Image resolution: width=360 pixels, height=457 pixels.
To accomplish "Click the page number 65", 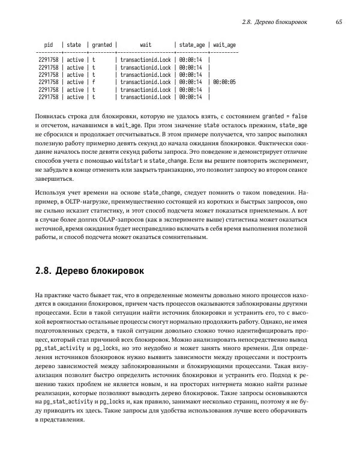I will (338, 22).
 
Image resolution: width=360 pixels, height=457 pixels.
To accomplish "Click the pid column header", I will (49, 44).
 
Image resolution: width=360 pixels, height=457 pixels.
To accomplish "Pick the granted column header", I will (102, 44).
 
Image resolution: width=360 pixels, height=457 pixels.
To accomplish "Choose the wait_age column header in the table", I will (224, 44).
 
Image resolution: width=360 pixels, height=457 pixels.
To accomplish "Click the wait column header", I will (145, 44).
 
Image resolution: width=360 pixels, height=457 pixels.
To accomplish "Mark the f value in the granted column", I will (94, 82).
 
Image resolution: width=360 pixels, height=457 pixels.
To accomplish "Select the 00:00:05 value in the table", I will (224, 82).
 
